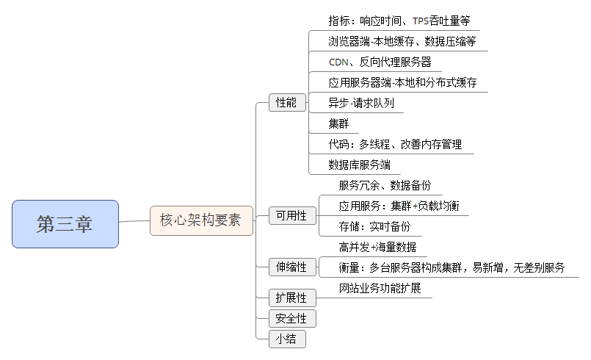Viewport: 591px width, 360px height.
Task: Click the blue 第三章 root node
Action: (65, 224)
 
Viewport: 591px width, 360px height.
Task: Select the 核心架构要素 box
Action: (201, 220)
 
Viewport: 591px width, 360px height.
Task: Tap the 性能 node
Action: (286, 103)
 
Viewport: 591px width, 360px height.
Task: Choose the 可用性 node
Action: (291, 215)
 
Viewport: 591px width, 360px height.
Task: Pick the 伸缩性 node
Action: (291, 267)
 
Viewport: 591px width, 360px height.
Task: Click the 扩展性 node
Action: (291, 298)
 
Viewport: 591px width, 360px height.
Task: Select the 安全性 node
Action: (291, 318)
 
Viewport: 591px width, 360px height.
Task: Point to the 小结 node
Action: (286, 339)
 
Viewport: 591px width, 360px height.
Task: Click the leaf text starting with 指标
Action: (399, 21)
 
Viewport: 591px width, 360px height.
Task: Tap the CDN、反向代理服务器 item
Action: (380, 62)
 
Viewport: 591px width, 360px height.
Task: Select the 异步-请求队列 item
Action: (361, 103)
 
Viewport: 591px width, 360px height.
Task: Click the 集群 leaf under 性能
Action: (338, 123)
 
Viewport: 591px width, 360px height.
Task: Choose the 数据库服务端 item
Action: (359, 165)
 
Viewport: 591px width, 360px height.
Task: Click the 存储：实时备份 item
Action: (374, 226)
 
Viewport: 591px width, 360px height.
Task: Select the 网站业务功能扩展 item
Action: (380, 288)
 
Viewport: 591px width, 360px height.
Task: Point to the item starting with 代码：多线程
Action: (395, 144)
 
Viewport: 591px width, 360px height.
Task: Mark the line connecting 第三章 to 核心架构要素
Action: (134, 221)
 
